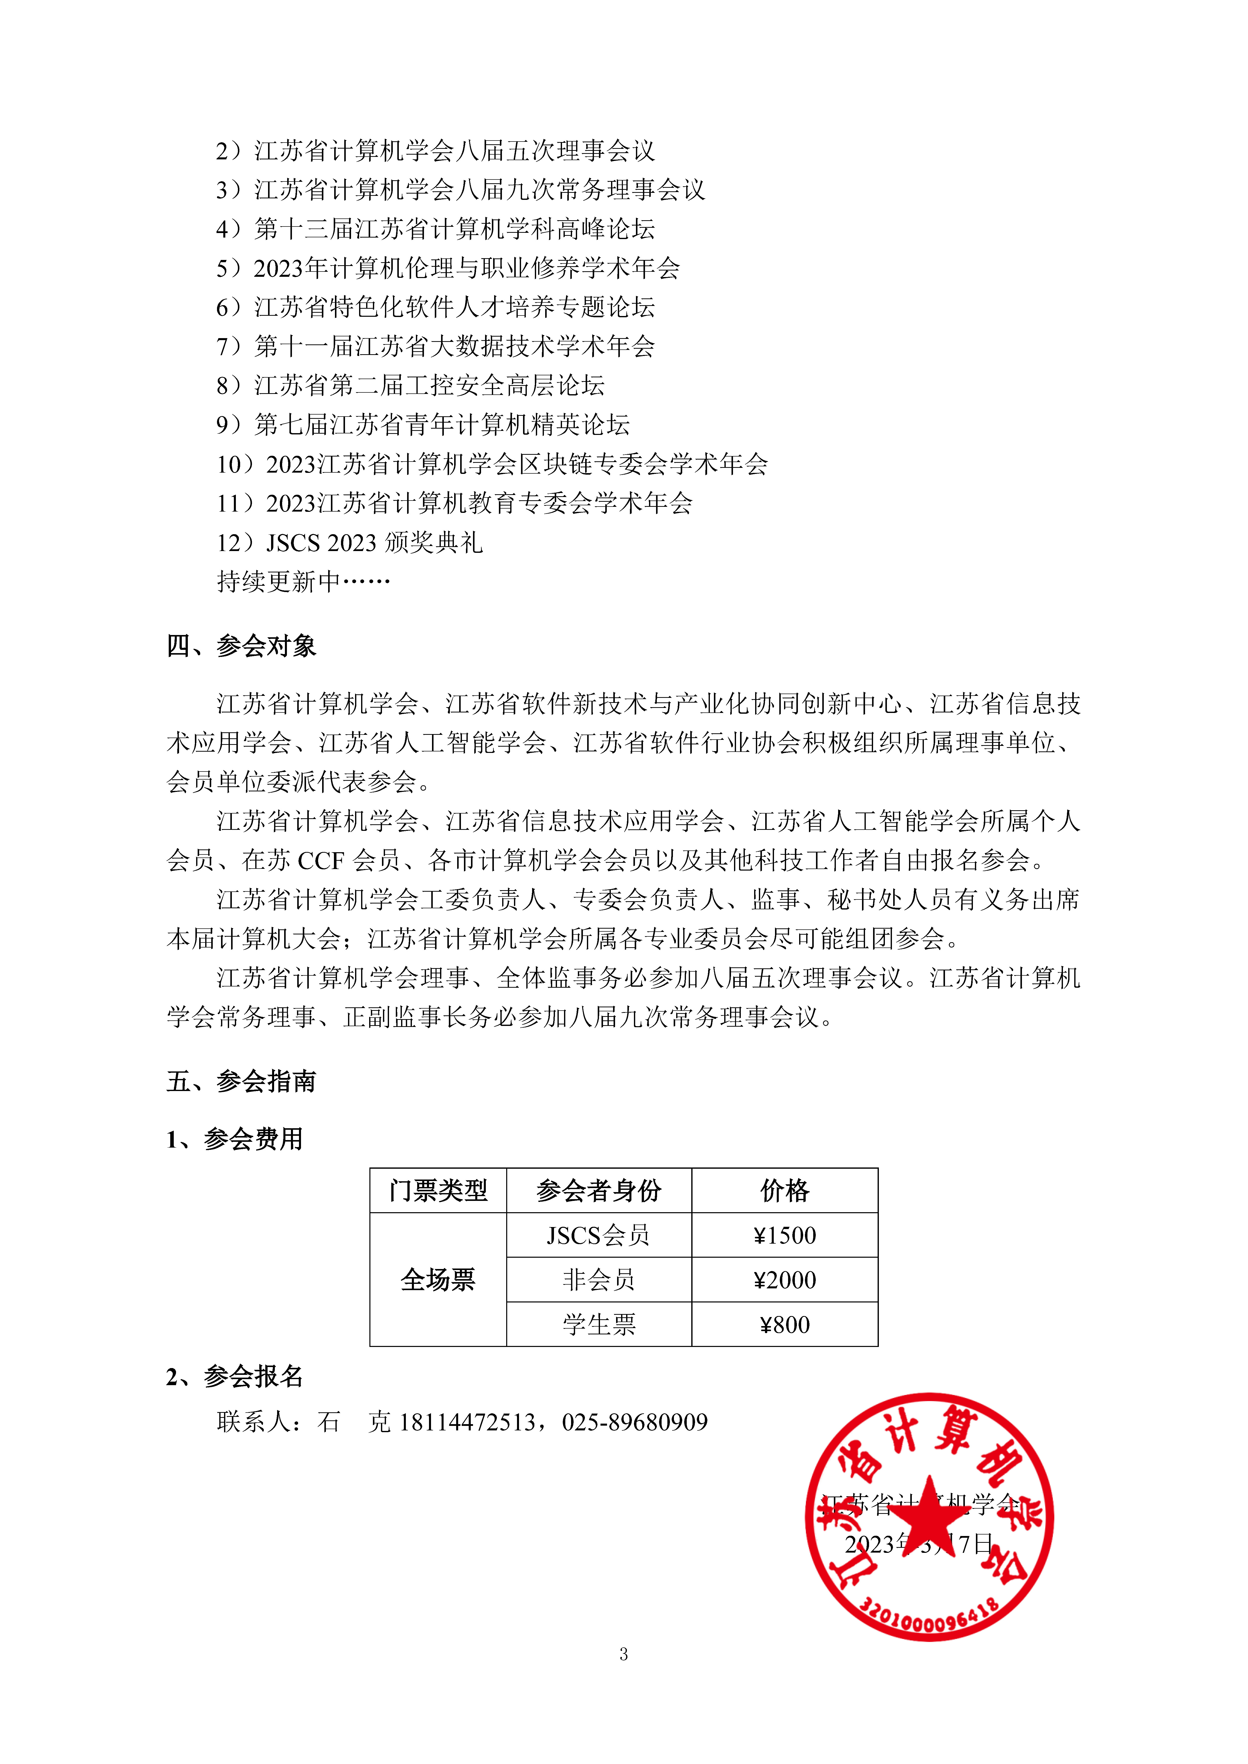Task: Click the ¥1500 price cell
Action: (x=785, y=1235)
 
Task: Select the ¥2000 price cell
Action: (x=785, y=1280)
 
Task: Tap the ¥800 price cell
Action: (x=785, y=1325)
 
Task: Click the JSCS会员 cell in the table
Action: (x=599, y=1235)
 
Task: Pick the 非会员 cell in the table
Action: (x=599, y=1280)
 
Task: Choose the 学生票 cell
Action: (x=599, y=1325)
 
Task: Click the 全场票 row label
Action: (x=438, y=1280)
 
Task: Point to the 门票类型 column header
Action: (x=438, y=1191)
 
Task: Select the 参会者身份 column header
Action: (x=599, y=1191)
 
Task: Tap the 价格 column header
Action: (x=785, y=1191)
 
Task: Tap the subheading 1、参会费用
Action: (x=234, y=1139)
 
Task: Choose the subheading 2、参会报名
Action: (x=234, y=1377)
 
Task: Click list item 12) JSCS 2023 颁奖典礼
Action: (x=350, y=543)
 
